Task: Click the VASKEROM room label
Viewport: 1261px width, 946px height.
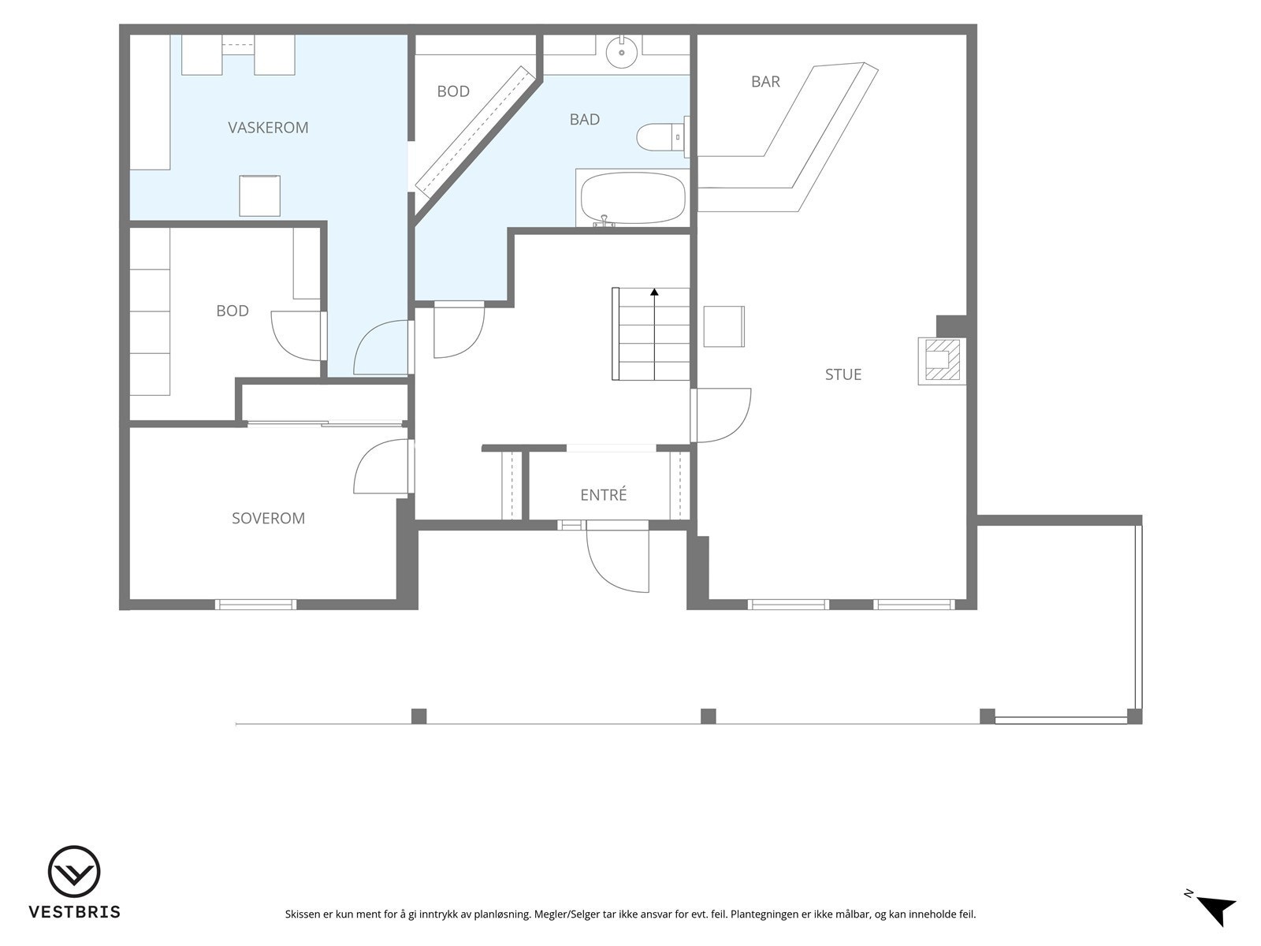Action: click(268, 128)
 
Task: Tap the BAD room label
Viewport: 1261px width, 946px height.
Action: click(584, 120)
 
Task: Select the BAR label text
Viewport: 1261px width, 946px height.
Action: click(765, 81)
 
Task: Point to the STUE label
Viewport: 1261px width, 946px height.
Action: click(843, 374)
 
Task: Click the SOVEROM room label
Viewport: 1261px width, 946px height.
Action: click(268, 518)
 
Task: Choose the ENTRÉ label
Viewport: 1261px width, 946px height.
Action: click(603, 494)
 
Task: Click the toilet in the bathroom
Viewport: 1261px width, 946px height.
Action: click(662, 137)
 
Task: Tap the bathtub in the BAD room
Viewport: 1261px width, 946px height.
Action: click(633, 198)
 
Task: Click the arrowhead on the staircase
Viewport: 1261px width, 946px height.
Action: click(654, 292)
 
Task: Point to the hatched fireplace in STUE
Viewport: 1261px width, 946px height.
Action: click(941, 361)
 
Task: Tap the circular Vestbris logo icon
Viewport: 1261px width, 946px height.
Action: click(74, 871)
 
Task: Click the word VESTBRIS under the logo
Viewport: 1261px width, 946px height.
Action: click(75, 912)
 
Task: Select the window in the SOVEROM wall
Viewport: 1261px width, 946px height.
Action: click(255, 604)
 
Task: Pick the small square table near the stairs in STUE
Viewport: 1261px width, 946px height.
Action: click(723, 326)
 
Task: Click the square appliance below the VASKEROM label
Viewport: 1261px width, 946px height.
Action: click(259, 196)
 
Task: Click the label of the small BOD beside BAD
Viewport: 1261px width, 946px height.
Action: click(453, 91)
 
